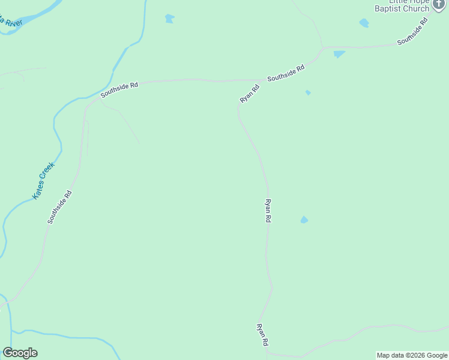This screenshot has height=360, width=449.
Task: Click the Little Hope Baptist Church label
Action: (x=402, y=5)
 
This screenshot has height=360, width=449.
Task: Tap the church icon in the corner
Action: (x=439, y=5)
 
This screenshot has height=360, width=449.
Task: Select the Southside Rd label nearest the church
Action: (x=414, y=31)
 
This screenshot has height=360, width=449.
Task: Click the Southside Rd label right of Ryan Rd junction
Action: (x=286, y=73)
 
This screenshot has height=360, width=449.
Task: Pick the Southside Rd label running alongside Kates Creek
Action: (x=60, y=207)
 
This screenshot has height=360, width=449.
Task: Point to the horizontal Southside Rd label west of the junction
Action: (x=119, y=89)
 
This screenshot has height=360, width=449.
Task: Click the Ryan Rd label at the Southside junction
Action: (x=250, y=94)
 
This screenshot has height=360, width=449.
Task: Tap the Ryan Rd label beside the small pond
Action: (x=268, y=211)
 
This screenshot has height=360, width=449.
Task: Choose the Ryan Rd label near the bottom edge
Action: (x=262, y=335)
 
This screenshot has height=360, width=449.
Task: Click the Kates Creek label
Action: (x=43, y=181)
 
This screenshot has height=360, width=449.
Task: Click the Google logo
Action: (x=20, y=353)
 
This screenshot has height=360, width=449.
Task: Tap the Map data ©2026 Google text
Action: (x=412, y=355)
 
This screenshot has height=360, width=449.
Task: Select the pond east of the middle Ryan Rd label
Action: (x=304, y=220)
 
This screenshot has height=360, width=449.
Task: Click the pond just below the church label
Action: (x=364, y=23)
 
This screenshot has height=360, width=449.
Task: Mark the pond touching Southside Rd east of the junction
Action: (x=339, y=54)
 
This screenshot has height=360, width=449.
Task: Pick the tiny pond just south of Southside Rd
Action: (x=308, y=92)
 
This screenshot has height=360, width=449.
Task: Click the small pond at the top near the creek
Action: (x=169, y=19)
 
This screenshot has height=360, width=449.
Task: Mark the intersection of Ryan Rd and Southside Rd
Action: (x=262, y=79)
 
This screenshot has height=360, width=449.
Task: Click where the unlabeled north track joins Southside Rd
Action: (x=324, y=48)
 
